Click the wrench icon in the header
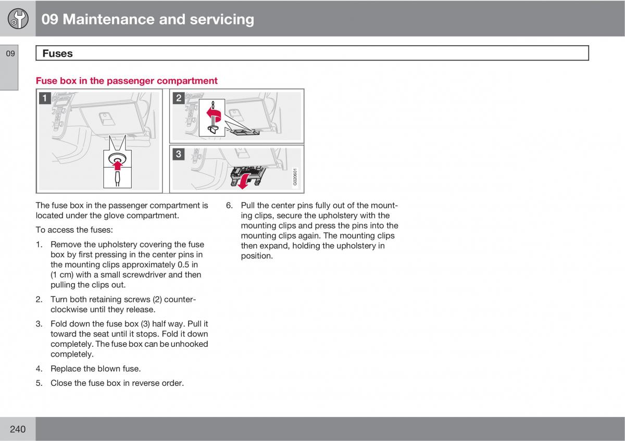(18, 19)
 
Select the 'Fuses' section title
(57, 53)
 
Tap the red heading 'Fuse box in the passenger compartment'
(127, 81)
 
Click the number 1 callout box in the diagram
(45, 98)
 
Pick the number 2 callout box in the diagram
(179, 97)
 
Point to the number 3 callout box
(179, 154)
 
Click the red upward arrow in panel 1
(118, 166)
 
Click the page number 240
(17, 429)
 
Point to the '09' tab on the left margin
(11, 53)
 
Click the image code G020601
(295, 177)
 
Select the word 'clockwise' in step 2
(69, 309)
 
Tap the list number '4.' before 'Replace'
(39, 369)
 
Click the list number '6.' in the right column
(229, 205)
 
